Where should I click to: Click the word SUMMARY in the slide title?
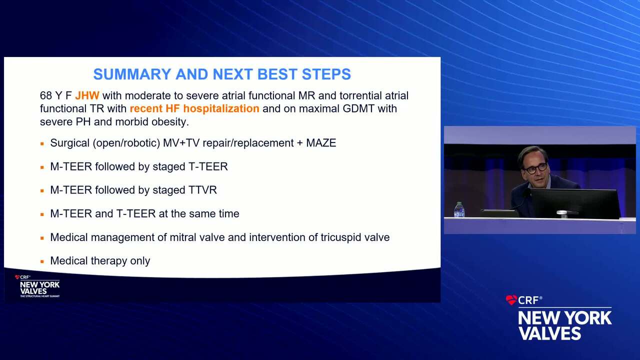[132, 74]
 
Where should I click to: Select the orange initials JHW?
[87, 95]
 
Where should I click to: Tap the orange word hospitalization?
[221, 109]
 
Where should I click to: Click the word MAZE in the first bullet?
[321, 143]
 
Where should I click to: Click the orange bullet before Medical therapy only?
[42, 261]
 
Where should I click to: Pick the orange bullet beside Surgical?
[42, 143]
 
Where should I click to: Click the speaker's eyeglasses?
[535, 169]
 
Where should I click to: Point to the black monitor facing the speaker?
[575, 203]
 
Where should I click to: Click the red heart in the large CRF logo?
[511, 300]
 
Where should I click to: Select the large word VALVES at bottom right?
[549, 333]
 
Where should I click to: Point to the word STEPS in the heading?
[326, 74]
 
